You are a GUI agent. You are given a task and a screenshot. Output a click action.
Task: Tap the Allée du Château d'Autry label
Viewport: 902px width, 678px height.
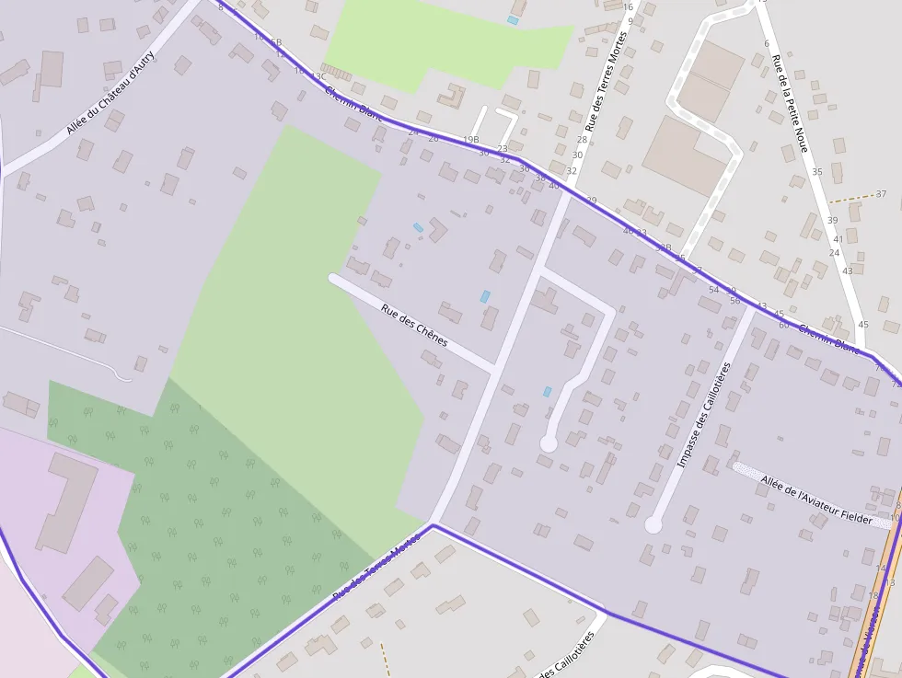tap(112, 93)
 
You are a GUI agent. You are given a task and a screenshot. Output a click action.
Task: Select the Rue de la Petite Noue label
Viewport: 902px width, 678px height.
tap(790, 103)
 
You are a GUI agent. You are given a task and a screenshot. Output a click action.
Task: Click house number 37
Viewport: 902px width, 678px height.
tap(881, 194)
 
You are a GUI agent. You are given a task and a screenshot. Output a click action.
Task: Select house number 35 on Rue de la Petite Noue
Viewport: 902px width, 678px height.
tap(816, 172)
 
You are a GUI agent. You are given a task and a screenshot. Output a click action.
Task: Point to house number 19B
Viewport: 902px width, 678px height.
tap(471, 140)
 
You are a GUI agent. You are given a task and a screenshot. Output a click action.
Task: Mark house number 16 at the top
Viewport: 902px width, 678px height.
tap(629, 6)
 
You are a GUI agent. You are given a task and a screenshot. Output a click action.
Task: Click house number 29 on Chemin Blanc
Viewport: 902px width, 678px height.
tap(591, 200)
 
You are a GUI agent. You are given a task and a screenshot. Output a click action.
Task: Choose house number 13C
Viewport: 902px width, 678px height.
tap(318, 76)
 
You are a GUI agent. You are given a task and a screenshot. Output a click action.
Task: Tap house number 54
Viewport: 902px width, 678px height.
tap(713, 290)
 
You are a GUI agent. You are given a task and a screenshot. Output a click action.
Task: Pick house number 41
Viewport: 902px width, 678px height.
tap(838, 238)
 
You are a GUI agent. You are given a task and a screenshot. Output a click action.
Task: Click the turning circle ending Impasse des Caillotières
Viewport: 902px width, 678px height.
tap(653, 524)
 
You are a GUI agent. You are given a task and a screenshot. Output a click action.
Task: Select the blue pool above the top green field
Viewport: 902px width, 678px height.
tap(513, 19)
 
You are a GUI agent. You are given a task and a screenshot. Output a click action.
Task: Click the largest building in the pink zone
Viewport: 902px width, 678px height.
tap(66, 501)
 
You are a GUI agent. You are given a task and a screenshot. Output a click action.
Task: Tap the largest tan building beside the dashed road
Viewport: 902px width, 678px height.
tap(683, 155)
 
